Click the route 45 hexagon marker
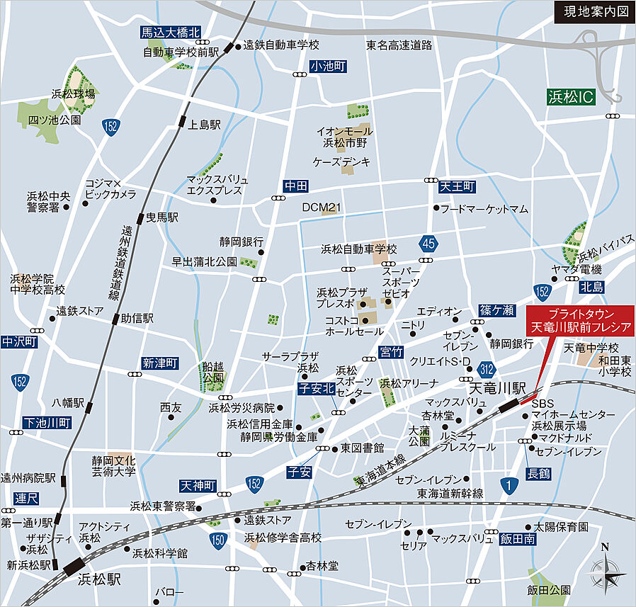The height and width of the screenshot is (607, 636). (428, 243)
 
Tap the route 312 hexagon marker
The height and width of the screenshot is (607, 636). (486, 369)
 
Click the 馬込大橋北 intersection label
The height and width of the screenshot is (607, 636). (170, 32)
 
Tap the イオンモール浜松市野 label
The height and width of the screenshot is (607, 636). (344, 137)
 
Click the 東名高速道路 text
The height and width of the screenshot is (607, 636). (399, 45)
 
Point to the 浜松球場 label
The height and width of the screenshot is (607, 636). (73, 93)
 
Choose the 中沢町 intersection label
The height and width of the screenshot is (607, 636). (19, 341)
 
